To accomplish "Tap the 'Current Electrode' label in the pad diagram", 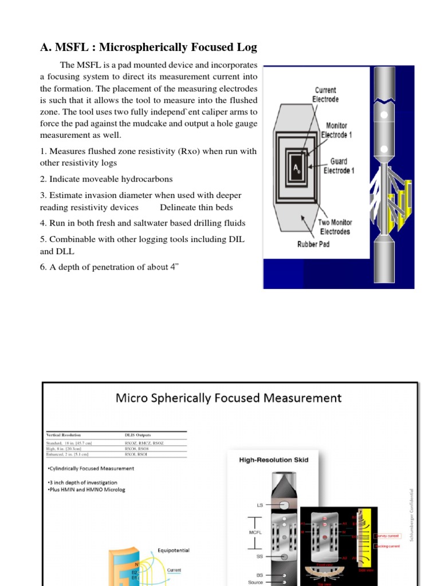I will point(325,94).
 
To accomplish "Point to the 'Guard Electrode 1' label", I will point(338,166).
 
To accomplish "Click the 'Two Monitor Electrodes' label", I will point(335,227).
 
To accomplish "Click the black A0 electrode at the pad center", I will point(297,168).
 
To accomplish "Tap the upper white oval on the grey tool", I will point(384,115).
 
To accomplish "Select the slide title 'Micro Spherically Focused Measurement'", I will point(229,397).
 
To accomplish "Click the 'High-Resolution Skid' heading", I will point(273,459).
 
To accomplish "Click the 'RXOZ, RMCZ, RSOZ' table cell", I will point(144,443).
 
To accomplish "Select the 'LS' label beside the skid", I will point(259,505).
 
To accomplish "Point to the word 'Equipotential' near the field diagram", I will point(173,551).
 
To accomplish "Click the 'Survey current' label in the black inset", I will point(387,536).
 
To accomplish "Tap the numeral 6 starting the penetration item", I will point(42,268).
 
